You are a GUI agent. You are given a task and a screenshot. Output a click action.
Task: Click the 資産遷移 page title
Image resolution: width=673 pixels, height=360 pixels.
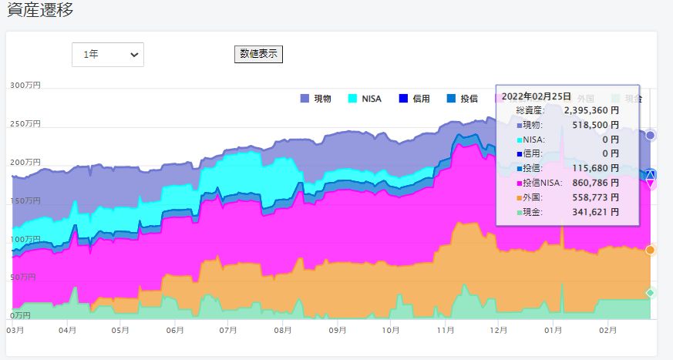coord(41,10)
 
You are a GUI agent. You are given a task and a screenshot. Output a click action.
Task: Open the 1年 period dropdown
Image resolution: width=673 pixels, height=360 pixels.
coord(108,55)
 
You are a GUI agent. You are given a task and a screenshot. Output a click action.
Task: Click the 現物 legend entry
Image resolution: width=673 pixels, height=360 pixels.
coord(315,99)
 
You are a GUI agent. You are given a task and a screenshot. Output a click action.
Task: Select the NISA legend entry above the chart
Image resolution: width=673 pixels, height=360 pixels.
coord(366,99)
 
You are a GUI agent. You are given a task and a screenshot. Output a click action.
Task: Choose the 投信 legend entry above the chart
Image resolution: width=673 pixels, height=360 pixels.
coord(463,99)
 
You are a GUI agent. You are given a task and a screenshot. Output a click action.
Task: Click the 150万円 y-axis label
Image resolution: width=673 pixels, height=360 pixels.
coord(25,200)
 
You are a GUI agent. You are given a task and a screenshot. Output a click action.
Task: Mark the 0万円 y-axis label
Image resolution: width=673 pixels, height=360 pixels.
coord(21,316)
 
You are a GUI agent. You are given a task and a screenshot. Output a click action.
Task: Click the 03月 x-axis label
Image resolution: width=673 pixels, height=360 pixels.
coord(15,330)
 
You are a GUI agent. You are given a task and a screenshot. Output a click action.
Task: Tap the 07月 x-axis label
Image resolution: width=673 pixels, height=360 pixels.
coord(227,330)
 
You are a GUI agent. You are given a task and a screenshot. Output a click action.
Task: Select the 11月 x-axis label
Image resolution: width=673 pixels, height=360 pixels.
coord(445,330)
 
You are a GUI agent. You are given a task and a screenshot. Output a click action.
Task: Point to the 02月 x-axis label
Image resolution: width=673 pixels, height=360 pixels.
coord(608,330)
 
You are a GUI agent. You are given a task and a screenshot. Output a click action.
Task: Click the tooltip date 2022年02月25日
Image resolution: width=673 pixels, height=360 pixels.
coord(537,96)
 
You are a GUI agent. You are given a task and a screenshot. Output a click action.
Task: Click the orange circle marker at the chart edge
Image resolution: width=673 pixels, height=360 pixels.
coord(651,250)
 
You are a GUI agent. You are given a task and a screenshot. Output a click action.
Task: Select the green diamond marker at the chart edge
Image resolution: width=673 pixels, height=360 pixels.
coord(651,293)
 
